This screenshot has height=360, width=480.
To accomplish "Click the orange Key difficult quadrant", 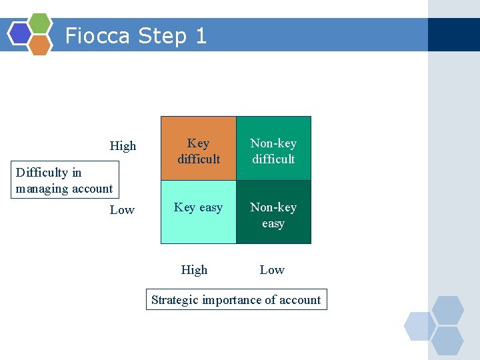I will coord(199,149).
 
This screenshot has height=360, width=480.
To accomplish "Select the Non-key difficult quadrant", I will coord(273,149).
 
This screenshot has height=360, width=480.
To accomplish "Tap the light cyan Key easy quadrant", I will coord(199,212).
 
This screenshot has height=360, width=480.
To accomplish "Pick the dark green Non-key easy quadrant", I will coord(273,212).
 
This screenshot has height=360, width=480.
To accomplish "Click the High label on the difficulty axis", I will coord(123,146).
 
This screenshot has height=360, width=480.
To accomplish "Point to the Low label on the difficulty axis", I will coord(122,210).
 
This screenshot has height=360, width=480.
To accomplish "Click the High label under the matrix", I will coord(194,270).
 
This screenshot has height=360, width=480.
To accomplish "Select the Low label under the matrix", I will coord(272,270).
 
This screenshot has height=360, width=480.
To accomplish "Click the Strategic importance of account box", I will coord(236,300).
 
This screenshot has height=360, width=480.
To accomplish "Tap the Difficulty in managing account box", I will coord(64,181).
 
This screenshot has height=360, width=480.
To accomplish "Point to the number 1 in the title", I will coord(201,35).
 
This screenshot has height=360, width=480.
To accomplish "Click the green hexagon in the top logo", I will coord(40,23).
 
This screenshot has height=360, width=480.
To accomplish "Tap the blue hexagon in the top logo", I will coord(19,33).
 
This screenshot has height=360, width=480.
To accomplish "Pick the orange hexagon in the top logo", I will coord(40,45).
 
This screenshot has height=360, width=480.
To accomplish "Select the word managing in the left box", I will coord(39,189).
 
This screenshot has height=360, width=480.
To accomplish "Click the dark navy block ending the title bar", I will coord(453,35).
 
